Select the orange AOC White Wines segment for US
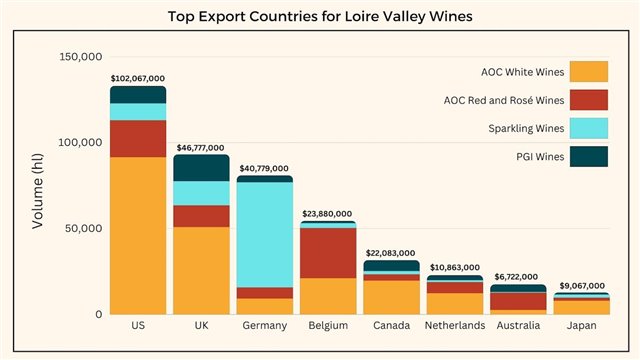[x=138, y=235]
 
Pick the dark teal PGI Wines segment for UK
[x=202, y=168]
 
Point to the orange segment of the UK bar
[x=202, y=270]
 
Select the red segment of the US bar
[x=138, y=139]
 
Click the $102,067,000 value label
[x=138, y=77]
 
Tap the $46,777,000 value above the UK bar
[x=202, y=147]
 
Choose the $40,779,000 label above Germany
[x=265, y=168]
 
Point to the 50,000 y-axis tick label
[x=84, y=228]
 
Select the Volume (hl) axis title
[x=38, y=185]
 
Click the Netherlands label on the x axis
[x=455, y=326]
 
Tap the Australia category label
[x=518, y=326]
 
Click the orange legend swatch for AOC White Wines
[x=588, y=72]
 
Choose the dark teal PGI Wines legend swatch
[x=588, y=156]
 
